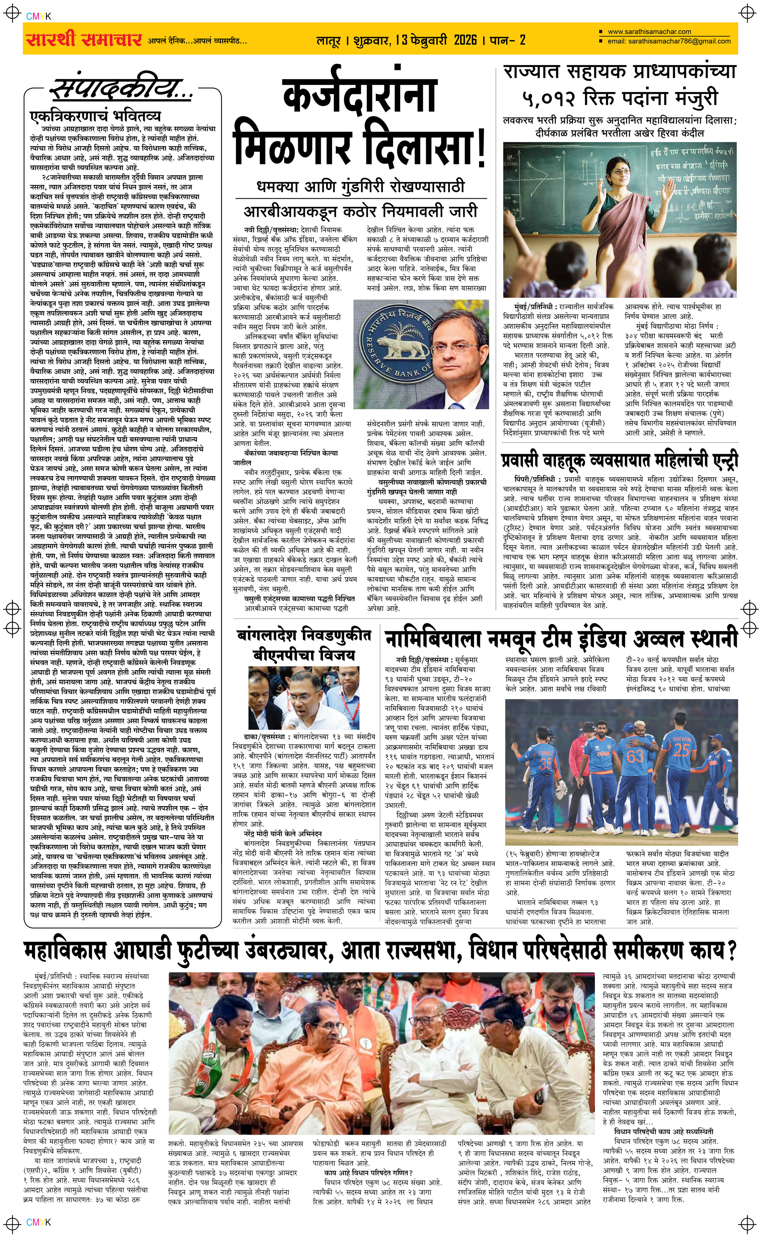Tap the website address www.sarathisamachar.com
click(649, 31)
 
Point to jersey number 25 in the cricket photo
click(681, 750)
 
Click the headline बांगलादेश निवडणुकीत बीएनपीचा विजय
click(304, 645)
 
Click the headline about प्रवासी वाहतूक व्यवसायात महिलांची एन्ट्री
click(619, 460)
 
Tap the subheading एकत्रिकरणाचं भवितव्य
click(95, 116)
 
